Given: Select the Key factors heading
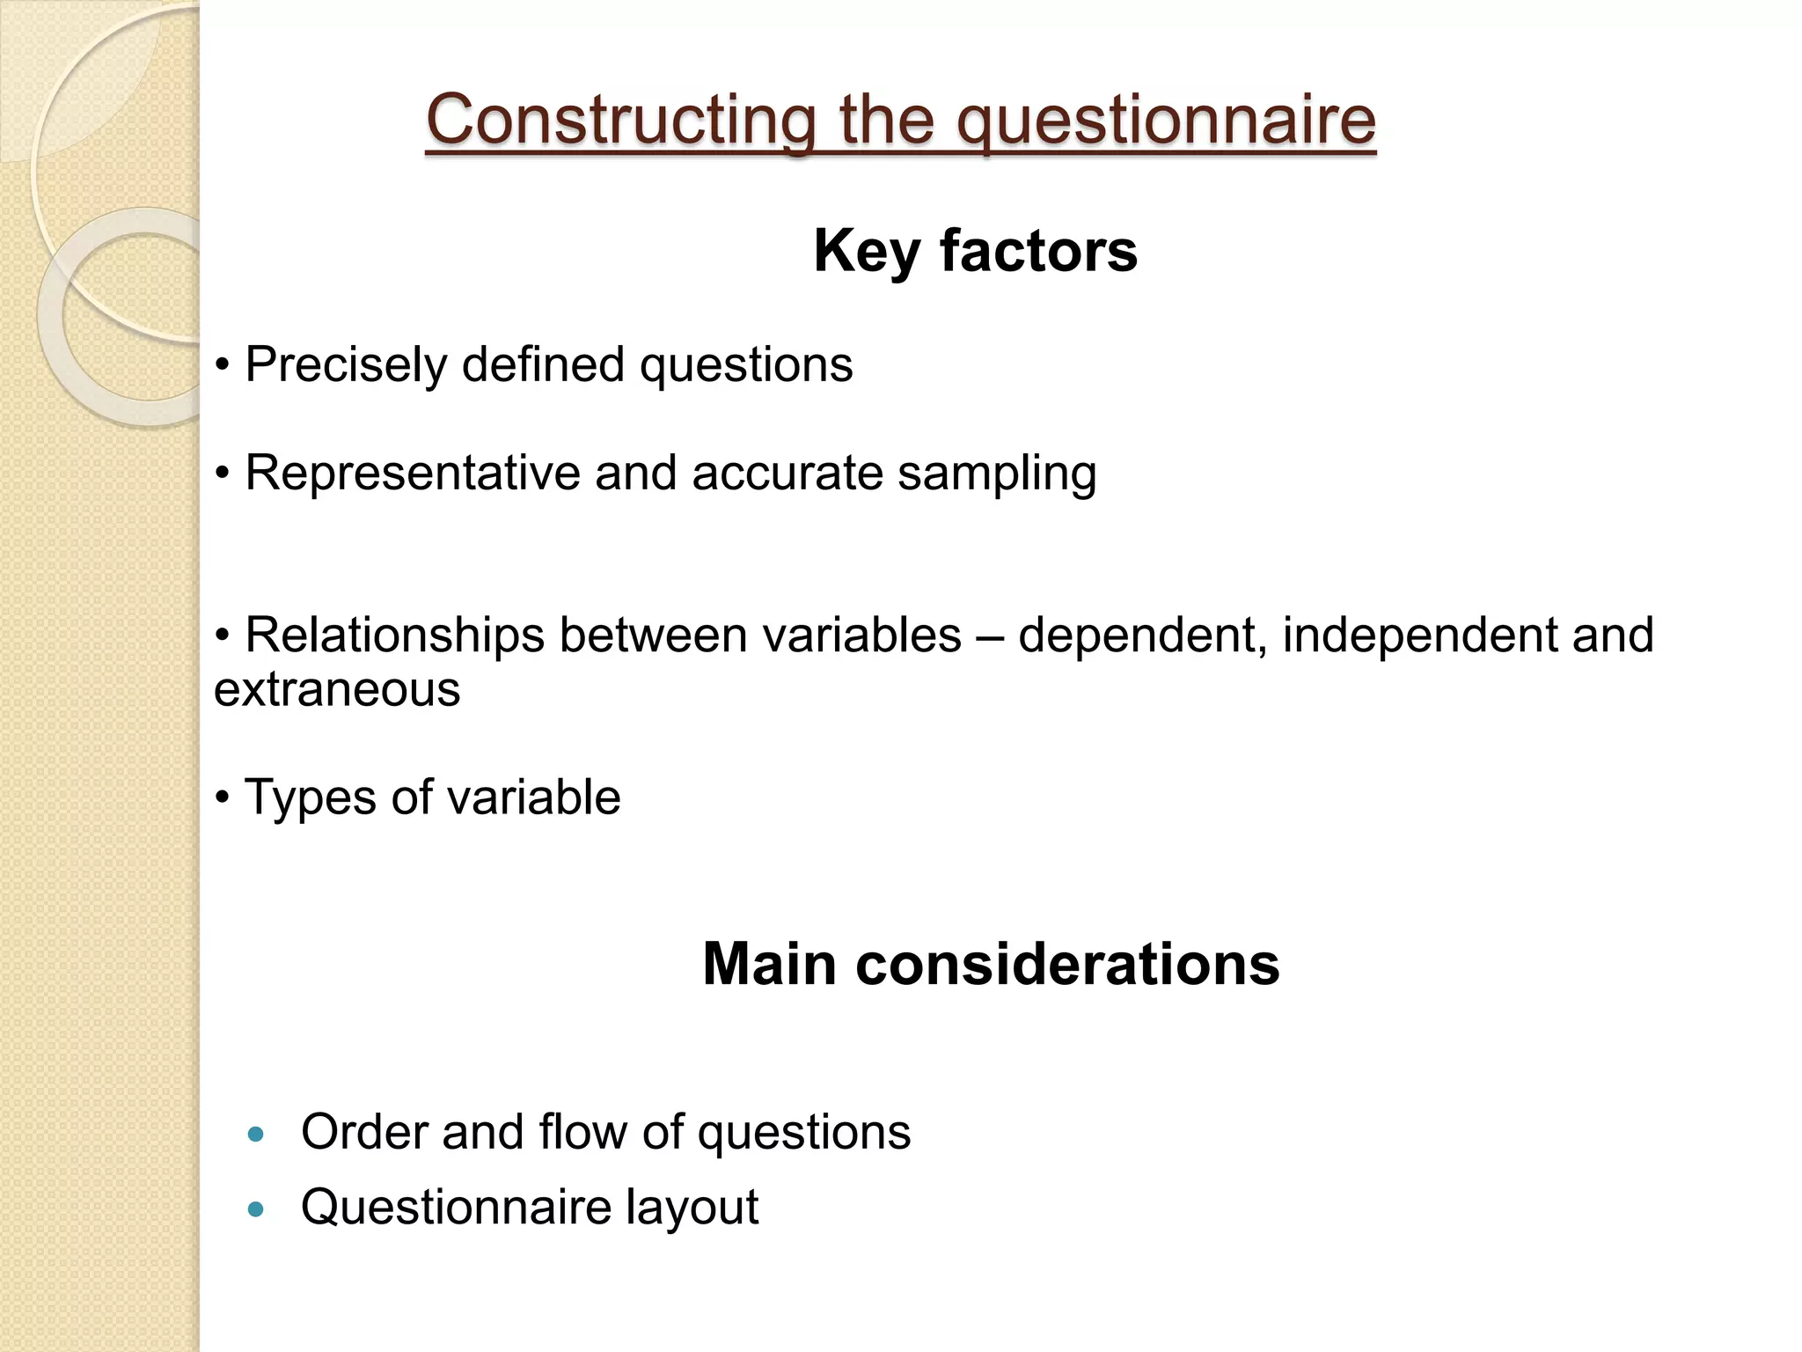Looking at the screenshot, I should coord(975,251).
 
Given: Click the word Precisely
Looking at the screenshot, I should coord(346,364).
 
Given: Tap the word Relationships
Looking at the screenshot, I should coord(394,635).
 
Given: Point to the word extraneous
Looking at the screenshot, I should coord(337,689).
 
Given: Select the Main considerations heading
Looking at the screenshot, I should coord(991,965).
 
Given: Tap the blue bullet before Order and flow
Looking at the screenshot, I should coord(256,1135).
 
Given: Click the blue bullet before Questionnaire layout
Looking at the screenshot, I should coord(256,1209).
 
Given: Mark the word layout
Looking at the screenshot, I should coord(692,1208).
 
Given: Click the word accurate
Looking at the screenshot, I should coord(787,473).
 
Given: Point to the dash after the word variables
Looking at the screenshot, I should coord(990,636).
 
